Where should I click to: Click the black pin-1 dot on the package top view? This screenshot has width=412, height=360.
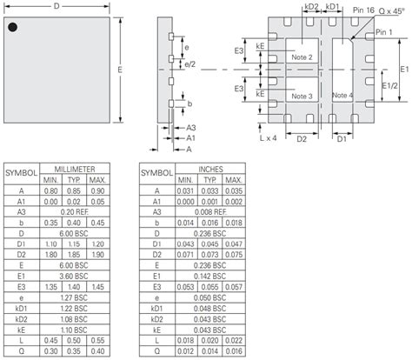pos(13,29)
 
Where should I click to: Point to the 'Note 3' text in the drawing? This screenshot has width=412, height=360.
pos(302,96)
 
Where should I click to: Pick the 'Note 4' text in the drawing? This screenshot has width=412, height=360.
pos(342,95)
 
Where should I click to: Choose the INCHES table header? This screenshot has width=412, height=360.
pos(209,167)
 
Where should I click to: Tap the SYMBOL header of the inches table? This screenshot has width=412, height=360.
pos(156,172)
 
